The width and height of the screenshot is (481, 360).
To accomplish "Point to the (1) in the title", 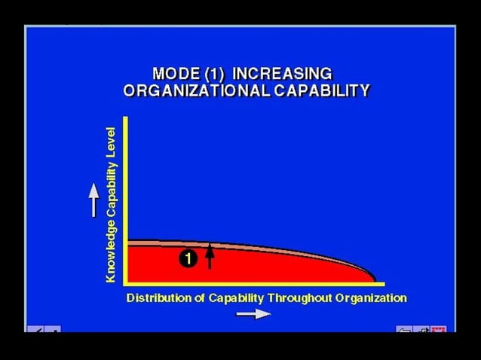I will (x=213, y=74).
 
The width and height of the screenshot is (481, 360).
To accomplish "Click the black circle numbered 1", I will (x=188, y=258).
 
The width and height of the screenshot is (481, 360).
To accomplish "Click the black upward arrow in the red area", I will (x=210, y=257).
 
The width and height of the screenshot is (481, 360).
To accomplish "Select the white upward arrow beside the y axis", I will (x=93, y=200).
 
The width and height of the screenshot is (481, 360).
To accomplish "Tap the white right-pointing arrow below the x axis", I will (x=253, y=314).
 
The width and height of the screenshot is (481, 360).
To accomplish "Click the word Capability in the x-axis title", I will (x=234, y=298).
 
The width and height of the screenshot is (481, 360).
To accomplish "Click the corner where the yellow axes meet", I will (x=127, y=284).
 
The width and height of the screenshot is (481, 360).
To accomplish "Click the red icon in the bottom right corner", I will (x=439, y=329).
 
